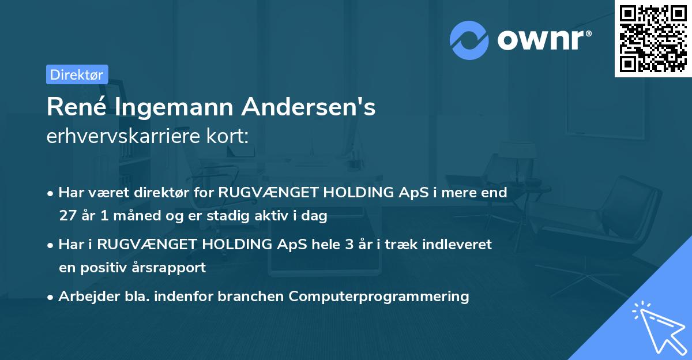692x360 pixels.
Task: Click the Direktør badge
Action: tap(77, 74)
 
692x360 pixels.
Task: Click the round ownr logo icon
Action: tap(469, 40)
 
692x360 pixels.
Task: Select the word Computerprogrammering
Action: tap(379, 297)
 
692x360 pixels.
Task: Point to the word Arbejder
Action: tap(84, 297)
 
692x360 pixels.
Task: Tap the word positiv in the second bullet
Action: tap(112, 268)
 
